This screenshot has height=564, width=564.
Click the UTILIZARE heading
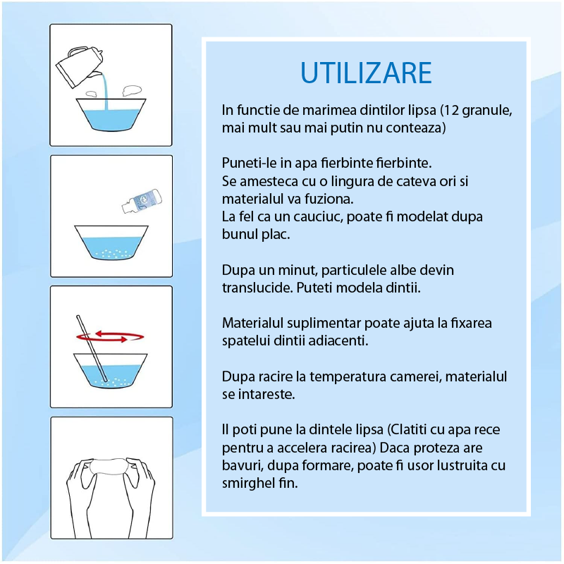tap(366, 73)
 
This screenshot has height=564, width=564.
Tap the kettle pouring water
tap(80, 66)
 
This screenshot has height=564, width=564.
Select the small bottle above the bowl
tap(142, 201)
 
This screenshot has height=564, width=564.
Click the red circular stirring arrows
tap(110, 337)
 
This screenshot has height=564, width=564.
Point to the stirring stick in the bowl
tap(92, 348)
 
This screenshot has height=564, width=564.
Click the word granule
tap(487, 111)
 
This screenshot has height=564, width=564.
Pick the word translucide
tap(257, 288)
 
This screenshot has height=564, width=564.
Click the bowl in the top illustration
tap(111, 115)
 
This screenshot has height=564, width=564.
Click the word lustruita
tap(462, 465)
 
